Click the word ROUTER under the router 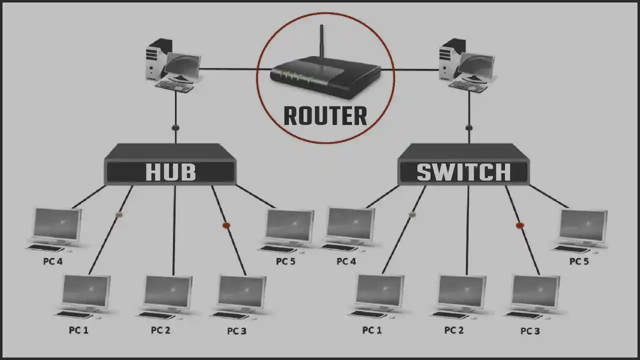point(325,115)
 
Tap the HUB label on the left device point(170,172)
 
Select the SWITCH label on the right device point(463,172)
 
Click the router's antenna point(321,41)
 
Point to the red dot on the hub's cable point(226,225)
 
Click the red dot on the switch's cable point(519,225)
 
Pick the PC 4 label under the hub point(53,261)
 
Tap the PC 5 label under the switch point(579,261)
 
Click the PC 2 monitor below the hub point(167,293)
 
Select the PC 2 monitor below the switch point(461,293)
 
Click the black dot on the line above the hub point(175,127)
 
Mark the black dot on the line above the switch point(469,127)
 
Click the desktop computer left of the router point(173,65)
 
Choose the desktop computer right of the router point(467,65)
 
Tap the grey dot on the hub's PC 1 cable point(119,214)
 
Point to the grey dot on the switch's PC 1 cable point(412,214)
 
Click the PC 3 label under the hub point(236,331)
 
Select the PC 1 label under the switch point(372,330)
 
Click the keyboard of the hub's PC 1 point(74,315)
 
